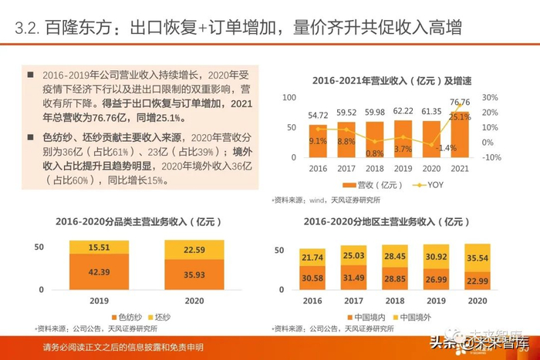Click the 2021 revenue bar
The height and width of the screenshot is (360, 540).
click(x=460, y=135)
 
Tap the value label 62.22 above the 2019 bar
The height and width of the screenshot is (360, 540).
click(x=403, y=112)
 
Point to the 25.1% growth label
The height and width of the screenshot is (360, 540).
click(x=460, y=117)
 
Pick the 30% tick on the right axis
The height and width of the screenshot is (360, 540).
click(x=491, y=98)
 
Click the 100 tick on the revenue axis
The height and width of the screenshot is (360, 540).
click(x=289, y=98)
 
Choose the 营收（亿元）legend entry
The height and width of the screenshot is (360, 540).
click(x=376, y=185)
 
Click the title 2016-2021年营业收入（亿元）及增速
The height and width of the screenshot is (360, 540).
click(x=394, y=80)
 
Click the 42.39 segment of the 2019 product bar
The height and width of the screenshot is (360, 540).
click(x=99, y=272)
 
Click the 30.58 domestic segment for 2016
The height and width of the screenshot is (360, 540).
click(x=312, y=277)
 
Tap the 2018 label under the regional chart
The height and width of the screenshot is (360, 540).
click(x=395, y=301)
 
